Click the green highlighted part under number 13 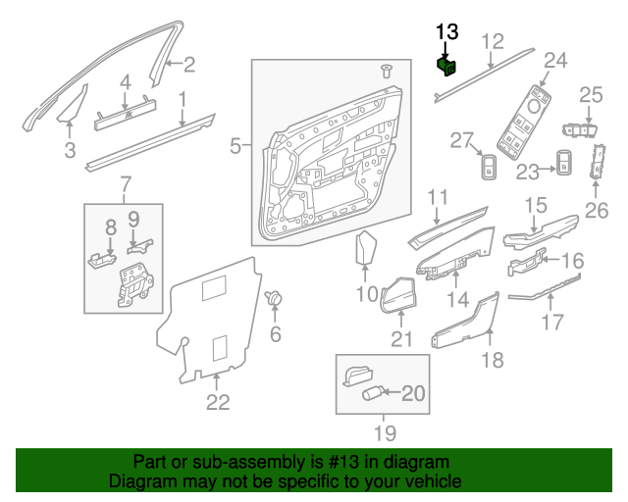[446, 66]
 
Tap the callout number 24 [555, 61]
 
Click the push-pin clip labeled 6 [275, 297]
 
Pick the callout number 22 [218, 401]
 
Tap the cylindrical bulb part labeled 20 [374, 393]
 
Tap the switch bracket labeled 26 [596, 163]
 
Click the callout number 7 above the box [125, 184]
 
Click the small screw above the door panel [386, 71]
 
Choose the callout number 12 [493, 40]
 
